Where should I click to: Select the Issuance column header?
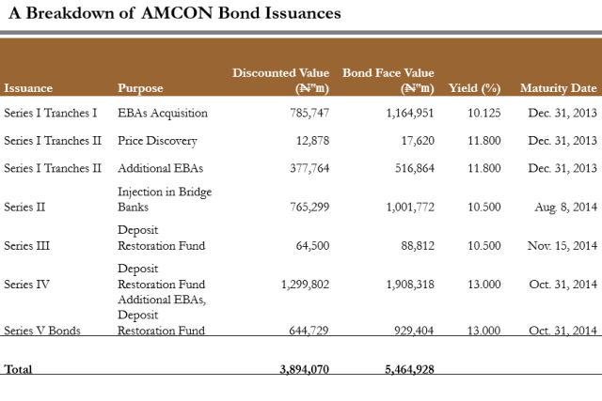coord(28,88)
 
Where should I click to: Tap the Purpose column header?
coord(140,88)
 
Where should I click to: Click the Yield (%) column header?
coord(475,88)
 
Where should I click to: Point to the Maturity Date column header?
coord(558,88)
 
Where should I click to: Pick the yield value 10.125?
coord(483,114)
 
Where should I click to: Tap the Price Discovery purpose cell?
coord(157,141)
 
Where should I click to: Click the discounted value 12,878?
coord(313,141)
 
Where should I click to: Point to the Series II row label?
coord(24,206)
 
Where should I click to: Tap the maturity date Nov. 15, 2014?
coord(562,245)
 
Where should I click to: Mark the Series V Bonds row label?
coord(41,331)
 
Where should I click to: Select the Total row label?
coord(18,370)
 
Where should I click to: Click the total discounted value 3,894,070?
coord(305,370)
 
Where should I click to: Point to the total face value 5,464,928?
coord(410,370)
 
